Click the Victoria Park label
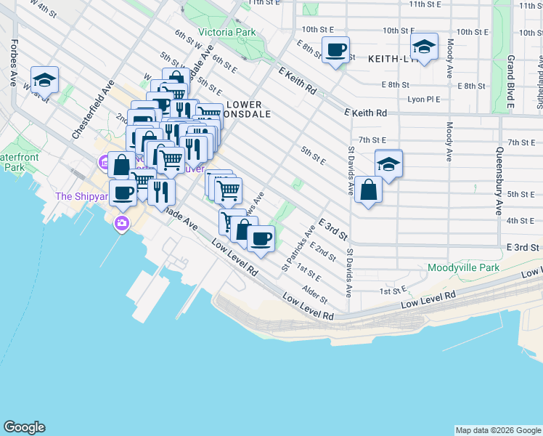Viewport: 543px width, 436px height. tap(226, 33)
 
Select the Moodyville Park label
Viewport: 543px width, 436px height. tap(463, 268)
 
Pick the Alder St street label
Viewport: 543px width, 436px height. tap(317, 294)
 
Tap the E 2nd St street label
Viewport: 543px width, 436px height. tap(323, 251)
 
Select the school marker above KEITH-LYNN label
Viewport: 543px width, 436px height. tap(424, 47)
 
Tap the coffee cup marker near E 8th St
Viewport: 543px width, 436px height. tap(335, 50)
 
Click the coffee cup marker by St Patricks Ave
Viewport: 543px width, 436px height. tap(261, 238)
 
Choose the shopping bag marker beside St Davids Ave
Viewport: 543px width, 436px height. tap(369, 190)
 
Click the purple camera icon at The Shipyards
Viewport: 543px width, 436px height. tap(122, 223)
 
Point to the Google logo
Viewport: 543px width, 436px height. tap(24, 427)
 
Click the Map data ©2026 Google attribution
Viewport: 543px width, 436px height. tap(498, 430)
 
